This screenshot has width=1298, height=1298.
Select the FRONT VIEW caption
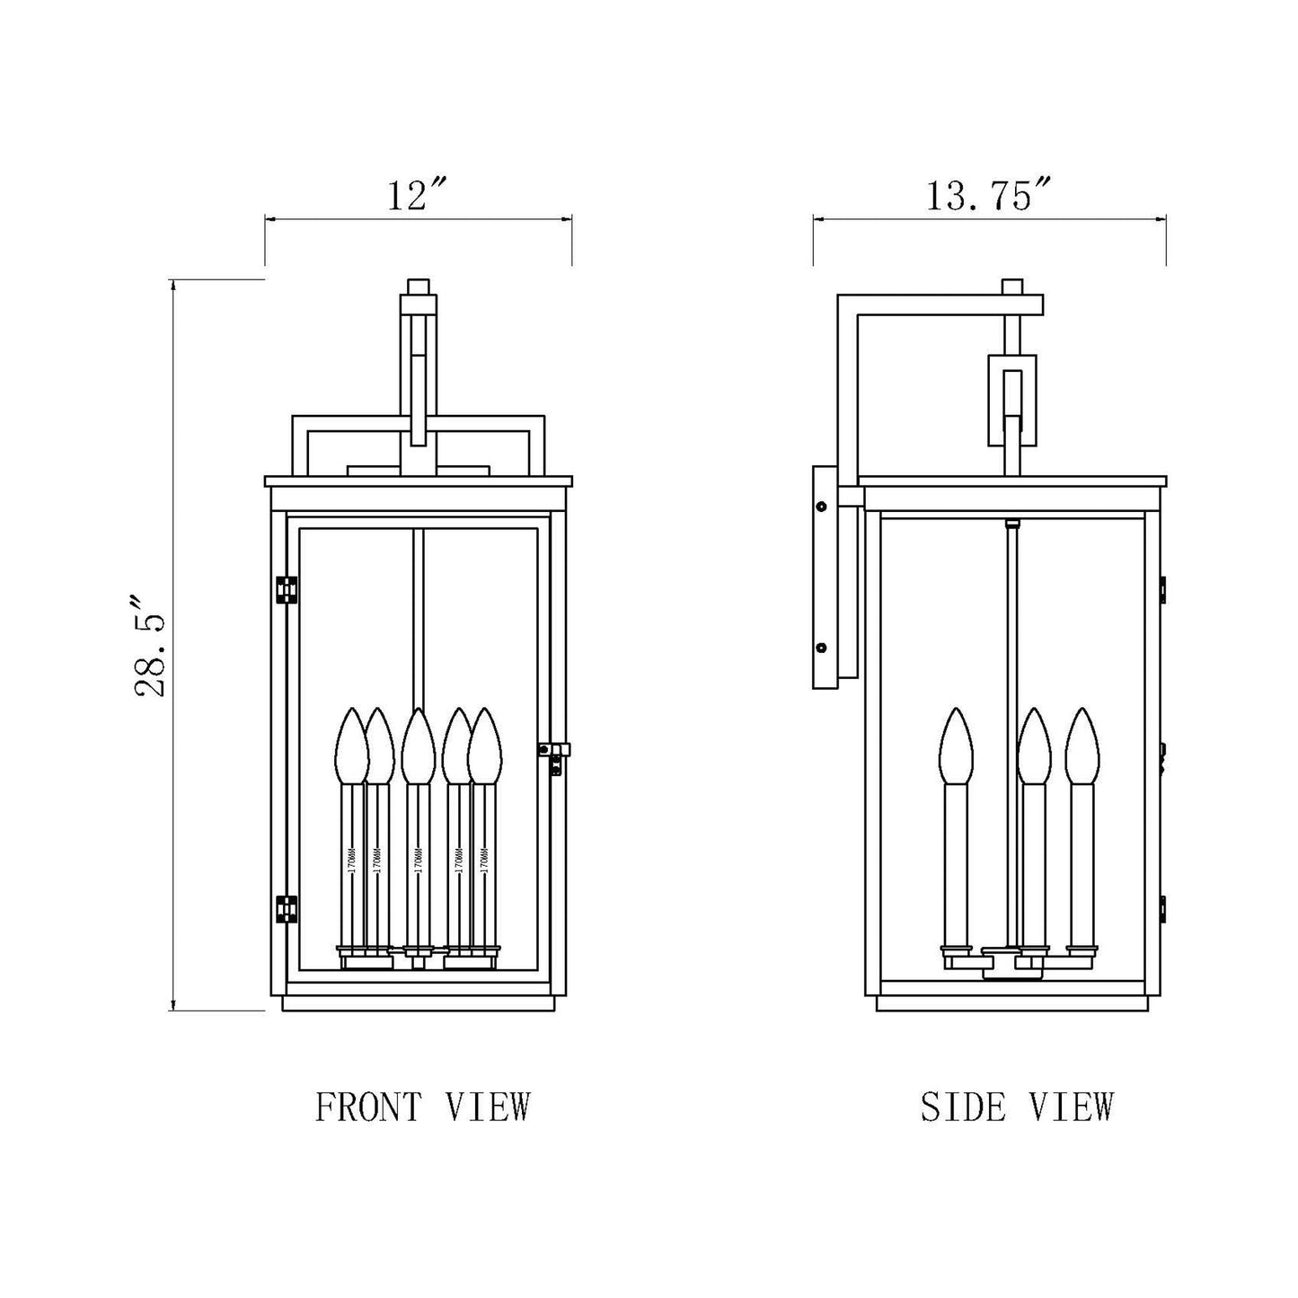pos(422,1107)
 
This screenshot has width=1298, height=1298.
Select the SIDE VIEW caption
pos(1017,1107)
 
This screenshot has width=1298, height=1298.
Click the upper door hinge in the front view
pos(287,588)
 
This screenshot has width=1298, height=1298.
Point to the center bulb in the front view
pos(417,746)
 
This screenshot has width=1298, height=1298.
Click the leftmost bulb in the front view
pos(350,746)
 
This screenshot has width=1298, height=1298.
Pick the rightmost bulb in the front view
pos(485,746)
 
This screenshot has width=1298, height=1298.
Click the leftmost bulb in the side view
pos(957,746)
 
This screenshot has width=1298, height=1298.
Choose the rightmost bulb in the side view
pos(1082,746)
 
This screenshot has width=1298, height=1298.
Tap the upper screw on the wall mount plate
pos(820,507)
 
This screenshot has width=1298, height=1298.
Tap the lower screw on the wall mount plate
pos(820,647)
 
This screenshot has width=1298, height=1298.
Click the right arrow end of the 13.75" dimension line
pos(1165,217)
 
